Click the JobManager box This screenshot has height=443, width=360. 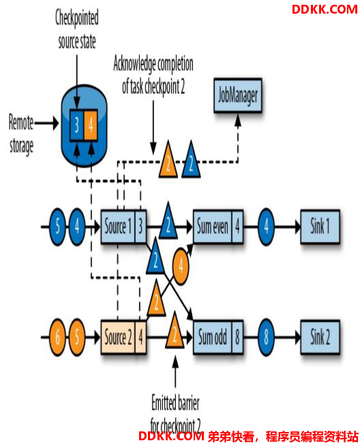click(x=238, y=95)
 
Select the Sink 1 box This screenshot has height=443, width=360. click(x=320, y=226)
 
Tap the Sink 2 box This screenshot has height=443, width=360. click(x=320, y=337)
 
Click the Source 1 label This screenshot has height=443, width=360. click(x=118, y=226)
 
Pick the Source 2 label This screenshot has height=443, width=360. click(x=118, y=337)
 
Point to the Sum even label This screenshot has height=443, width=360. click(x=213, y=226)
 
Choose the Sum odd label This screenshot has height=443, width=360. click(x=213, y=337)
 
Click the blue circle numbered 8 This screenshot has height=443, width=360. click(x=266, y=337)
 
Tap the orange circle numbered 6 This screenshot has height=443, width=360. click(x=57, y=337)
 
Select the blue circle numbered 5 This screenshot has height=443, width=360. click(x=57, y=226)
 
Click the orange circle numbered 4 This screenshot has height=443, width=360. click(x=181, y=266)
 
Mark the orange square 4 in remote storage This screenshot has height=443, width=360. click(x=91, y=125)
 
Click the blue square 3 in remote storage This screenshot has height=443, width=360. click(x=76, y=125)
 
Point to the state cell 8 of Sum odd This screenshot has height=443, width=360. click(x=237, y=337)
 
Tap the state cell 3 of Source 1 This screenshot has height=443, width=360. click(x=140, y=226)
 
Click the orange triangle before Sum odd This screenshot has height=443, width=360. click(x=175, y=332)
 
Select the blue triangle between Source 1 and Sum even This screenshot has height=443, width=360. click(x=168, y=221)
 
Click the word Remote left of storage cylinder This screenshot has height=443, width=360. click(x=21, y=123)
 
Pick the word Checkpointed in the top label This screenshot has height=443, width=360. click(x=77, y=18)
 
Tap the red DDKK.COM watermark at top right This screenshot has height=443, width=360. click(x=325, y=10)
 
